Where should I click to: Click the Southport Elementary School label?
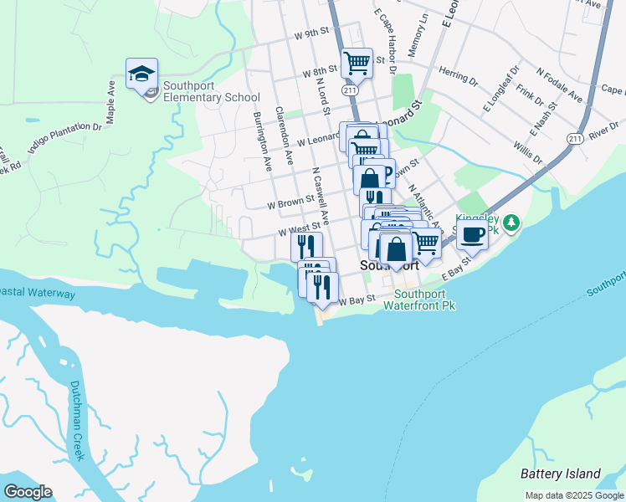click(211, 91)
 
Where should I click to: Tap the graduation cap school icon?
click(142, 74)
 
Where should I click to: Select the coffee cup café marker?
click(472, 236)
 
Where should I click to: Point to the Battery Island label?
click(561, 473)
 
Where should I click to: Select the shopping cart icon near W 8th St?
click(357, 63)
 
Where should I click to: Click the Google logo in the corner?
click(28, 492)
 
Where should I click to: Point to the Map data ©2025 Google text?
click(574, 495)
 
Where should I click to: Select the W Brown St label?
click(290, 202)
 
